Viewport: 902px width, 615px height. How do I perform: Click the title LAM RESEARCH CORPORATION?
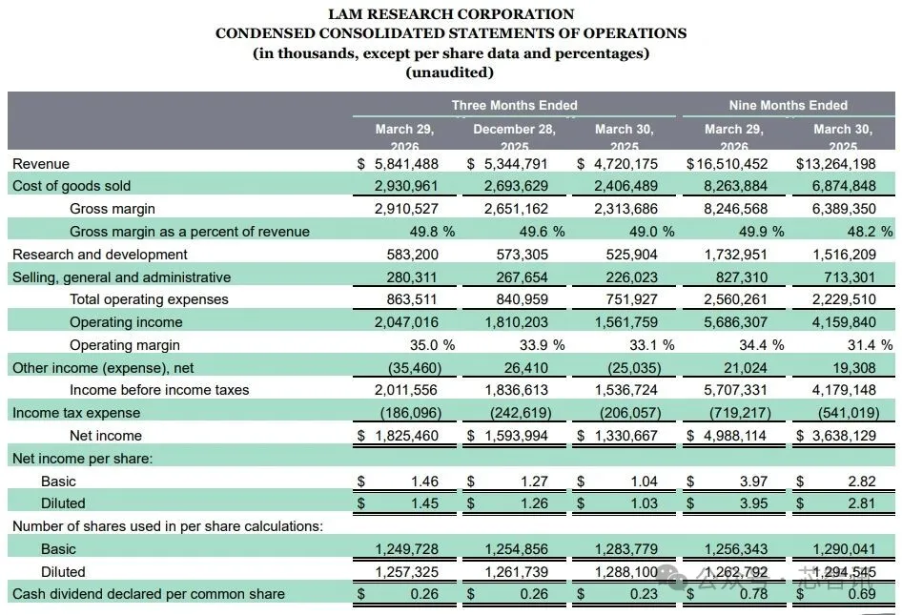450,14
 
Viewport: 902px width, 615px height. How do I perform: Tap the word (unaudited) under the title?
450,72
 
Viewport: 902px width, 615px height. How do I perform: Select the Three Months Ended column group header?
514,105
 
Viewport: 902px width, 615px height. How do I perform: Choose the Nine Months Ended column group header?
788,105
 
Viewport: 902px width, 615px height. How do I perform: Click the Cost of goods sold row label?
72,186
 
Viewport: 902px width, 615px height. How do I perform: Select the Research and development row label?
99,255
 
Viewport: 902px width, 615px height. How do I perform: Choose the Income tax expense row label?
76,413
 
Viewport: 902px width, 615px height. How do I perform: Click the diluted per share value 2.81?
858,503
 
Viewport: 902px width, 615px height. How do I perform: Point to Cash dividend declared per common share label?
149,594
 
